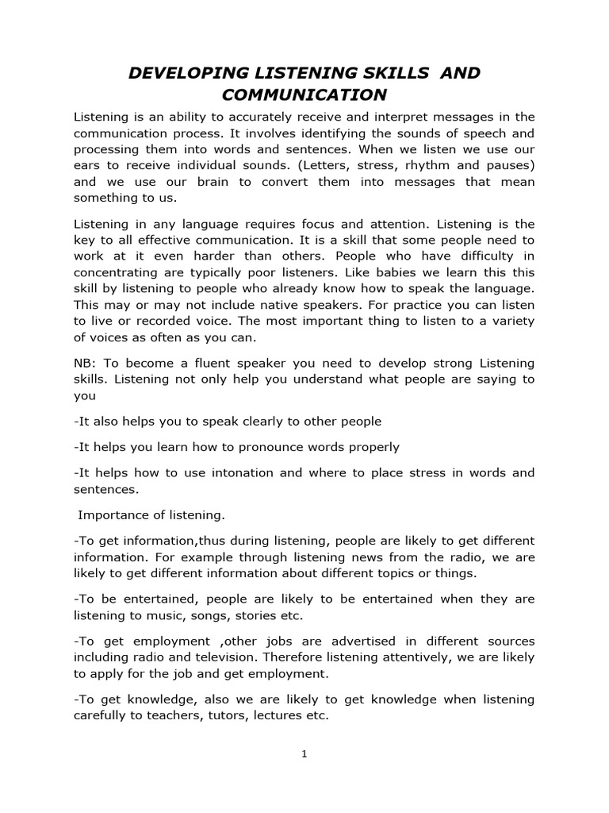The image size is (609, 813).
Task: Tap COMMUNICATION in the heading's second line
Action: tap(304, 95)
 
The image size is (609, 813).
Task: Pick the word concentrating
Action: tap(117, 272)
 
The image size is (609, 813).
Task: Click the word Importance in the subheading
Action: tap(110, 515)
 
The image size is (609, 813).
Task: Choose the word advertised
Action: tap(328, 641)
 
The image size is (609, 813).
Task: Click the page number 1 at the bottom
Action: tap(304, 754)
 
